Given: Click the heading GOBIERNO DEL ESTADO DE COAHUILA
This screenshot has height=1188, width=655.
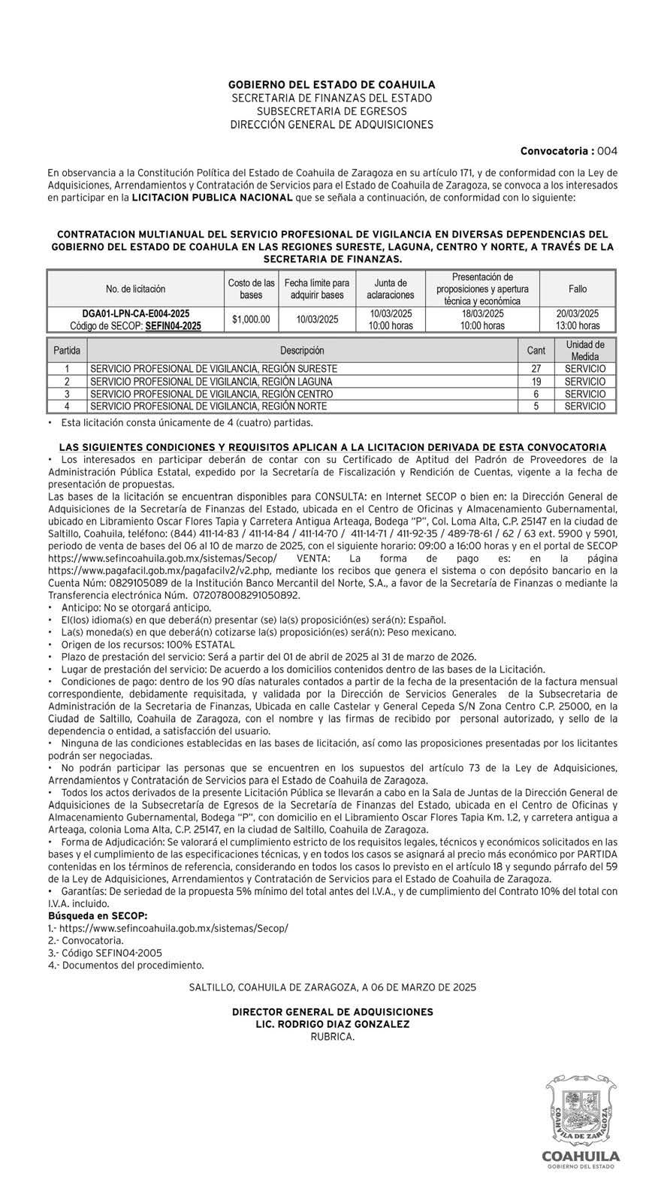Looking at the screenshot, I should [x=331, y=86].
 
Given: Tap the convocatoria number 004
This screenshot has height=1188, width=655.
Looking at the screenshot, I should [x=607, y=151].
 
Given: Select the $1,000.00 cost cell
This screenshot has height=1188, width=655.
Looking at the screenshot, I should [x=251, y=319].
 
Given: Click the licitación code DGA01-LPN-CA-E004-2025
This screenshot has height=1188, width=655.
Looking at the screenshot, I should [x=135, y=313].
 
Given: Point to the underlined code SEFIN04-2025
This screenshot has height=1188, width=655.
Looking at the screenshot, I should [x=173, y=326].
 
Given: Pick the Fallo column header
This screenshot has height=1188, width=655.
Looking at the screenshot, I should [x=578, y=289].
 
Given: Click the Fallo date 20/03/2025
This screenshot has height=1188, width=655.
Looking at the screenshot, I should [x=578, y=313].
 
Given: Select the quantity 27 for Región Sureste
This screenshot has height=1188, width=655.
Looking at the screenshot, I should [x=536, y=369].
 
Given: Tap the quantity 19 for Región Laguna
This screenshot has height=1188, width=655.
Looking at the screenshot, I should [x=536, y=382].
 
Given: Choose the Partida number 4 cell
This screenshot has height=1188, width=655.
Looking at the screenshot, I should [x=67, y=407].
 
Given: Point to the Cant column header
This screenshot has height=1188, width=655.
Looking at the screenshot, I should [x=536, y=350].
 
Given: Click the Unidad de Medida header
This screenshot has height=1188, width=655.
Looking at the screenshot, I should [x=584, y=350].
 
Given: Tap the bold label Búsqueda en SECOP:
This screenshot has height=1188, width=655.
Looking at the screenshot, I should [x=97, y=915].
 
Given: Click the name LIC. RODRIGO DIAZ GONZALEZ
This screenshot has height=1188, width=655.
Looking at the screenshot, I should [x=332, y=1023].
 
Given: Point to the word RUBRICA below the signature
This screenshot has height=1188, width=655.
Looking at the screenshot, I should [x=332, y=1036].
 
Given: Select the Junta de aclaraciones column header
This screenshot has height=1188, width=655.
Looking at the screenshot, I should [x=391, y=289].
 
